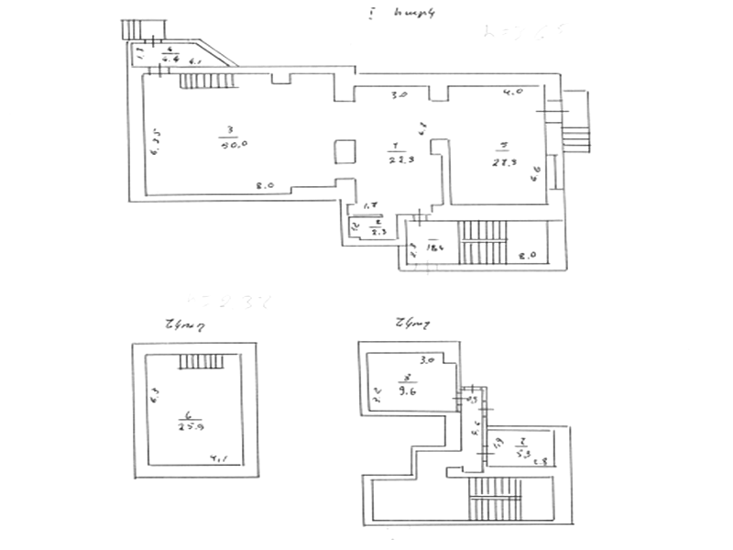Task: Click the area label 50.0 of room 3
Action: [x=229, y=143]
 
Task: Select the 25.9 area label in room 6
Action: [x=191, y=425]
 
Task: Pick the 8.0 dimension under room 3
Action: [x=265, y=186]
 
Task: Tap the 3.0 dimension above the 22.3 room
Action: [x=399, y=94]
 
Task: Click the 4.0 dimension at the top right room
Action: [x=513, y=93]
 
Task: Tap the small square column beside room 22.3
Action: [x=345, y=153]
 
